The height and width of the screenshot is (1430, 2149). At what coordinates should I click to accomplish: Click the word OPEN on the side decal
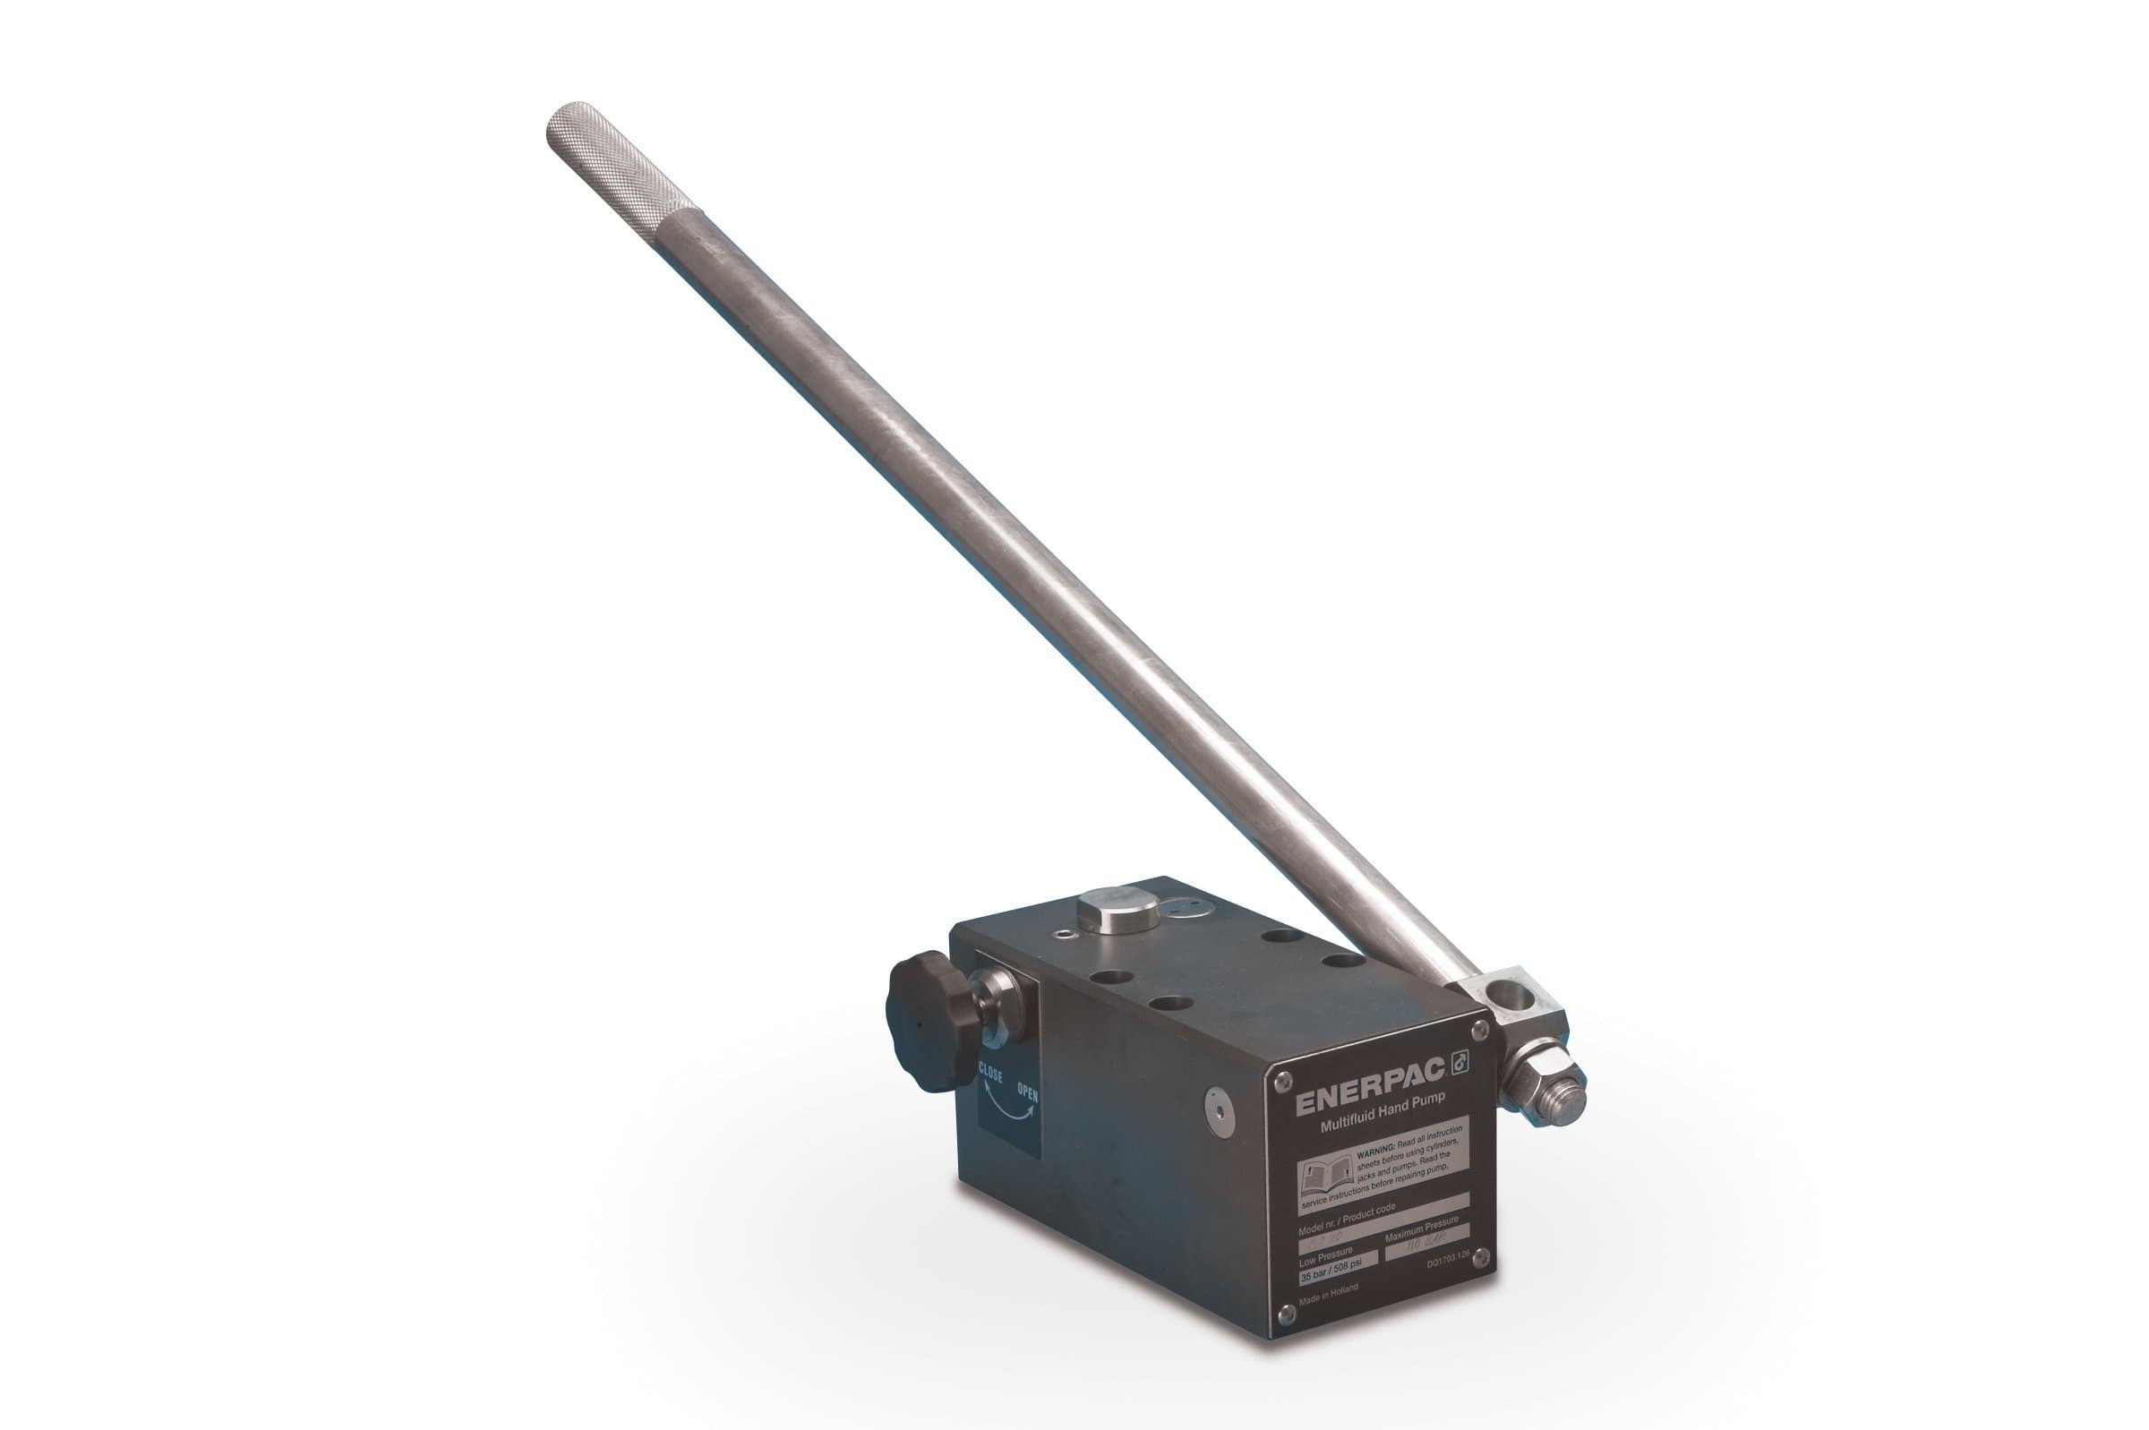pyautogui.click(x=1028, y=1092)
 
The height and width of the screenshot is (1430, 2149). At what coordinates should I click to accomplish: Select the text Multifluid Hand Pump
pyautogui.click(x=1383, y=1116)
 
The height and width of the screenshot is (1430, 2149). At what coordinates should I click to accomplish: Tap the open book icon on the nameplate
pyautogui.click(x=1325, y=1177)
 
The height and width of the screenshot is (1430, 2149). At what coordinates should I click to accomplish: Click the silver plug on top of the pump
pyautogui.click(x=1117, y=909)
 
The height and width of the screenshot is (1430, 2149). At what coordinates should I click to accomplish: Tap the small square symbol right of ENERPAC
pyautogui.click(x=1460, y=1061)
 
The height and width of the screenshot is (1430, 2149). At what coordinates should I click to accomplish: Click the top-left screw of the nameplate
pyautogui.click(x=1283, y=1081)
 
